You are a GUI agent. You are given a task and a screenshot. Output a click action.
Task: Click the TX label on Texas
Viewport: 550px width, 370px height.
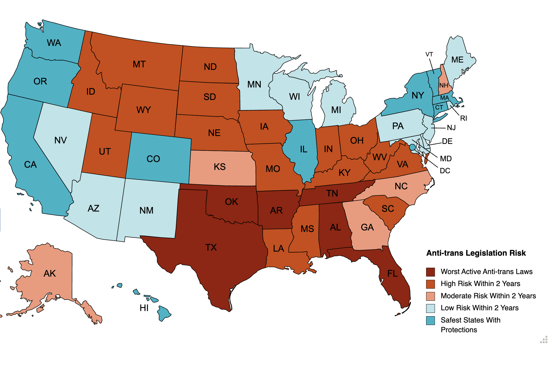[x=211, y=247]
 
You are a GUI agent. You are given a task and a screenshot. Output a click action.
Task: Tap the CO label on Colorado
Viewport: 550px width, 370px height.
[x=153, y=159]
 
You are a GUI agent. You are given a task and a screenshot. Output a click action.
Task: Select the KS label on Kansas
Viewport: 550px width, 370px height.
[x=219, y=167]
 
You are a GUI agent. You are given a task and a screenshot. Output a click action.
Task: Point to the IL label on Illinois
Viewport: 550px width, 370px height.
[x=303, y=149]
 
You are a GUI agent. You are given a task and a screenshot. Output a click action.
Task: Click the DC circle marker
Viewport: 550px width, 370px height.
[x=412, y=147]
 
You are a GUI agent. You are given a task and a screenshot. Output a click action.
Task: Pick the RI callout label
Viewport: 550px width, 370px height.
[x=463, y=118]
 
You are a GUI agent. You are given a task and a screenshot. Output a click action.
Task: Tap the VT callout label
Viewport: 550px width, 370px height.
[x=429, y=54]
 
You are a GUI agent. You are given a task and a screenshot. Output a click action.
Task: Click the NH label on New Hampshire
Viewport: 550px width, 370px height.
[x=443, y=85]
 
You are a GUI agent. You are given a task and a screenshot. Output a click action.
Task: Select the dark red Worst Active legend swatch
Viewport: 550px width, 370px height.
[x=430, y=272]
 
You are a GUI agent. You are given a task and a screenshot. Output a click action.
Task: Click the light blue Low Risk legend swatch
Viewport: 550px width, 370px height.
[x=430, y=308]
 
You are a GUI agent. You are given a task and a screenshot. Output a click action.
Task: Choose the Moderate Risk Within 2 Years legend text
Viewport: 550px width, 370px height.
[x=488, y=296]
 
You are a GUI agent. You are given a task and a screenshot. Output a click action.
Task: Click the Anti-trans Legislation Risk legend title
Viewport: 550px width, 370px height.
[x=476, y=253]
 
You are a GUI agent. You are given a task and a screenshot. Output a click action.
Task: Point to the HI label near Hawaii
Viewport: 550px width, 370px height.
[x=144, y=308]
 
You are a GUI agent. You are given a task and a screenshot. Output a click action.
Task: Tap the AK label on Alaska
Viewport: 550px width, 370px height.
[x=49, y=273]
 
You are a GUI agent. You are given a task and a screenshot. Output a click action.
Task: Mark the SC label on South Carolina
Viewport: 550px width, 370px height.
[x=388, y=208]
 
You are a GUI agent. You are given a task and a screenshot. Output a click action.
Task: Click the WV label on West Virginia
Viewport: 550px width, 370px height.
[x=379, y=157]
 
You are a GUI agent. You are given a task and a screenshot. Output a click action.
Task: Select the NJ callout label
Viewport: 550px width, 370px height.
[x=451, y=128]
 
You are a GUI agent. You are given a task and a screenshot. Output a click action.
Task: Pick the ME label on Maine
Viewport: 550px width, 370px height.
[x=457, y=60]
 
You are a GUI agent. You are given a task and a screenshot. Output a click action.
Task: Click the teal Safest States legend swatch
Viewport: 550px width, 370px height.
[x=430, y=320]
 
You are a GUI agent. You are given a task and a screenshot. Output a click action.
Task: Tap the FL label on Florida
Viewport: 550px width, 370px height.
[x=392, y=274]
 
